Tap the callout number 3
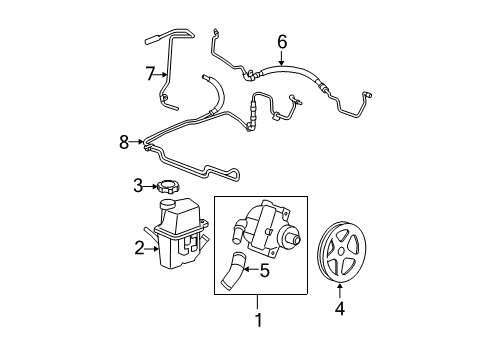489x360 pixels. point(140,184)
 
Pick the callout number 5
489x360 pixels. point(264,269)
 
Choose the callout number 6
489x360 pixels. point(283,41)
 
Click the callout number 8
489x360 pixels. point(124,143)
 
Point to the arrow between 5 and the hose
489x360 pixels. point(249,269)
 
